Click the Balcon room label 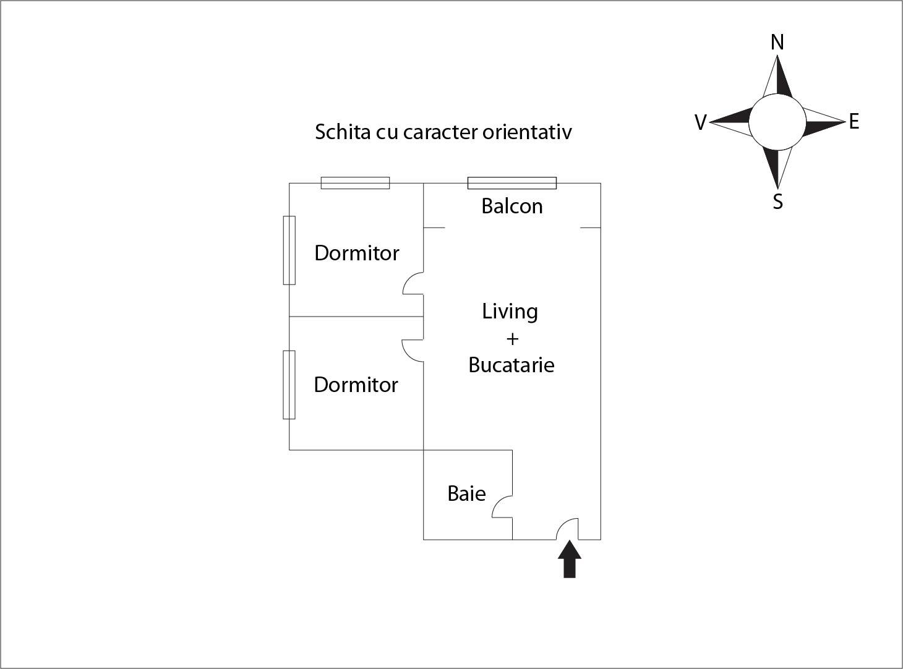point(512,206)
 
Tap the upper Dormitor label point(357,253)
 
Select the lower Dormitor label point(356,385)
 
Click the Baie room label point(466,493)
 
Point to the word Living point(510,311)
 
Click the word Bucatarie point(511,365)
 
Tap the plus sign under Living point(512,339)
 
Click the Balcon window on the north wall point(511,183)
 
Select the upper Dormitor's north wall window point(355,183)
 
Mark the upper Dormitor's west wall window point(289,250)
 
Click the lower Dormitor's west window point(289,385)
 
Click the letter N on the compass point(777,42)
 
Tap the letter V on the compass point(700,122)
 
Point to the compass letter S point(778,202)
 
